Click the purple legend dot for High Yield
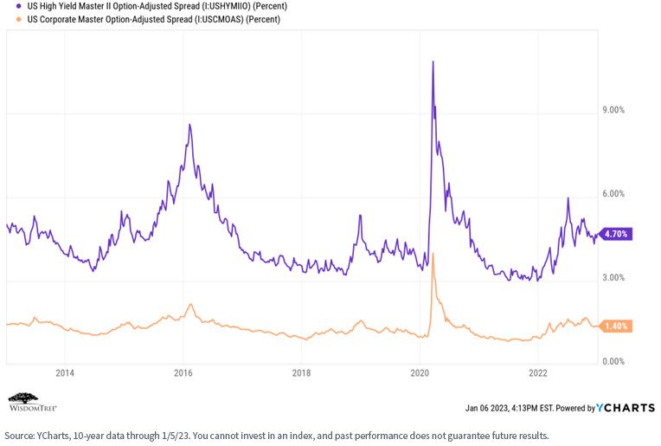(x=18, y=6)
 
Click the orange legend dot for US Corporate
(x=18, y=19)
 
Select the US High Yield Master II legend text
(x=157, y=6)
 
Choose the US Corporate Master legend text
(x=154, y=19)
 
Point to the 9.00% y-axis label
(x=613, y=110)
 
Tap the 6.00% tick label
(x=613, y=194)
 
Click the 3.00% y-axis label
(x=613, y=278)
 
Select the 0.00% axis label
(x=613, y=362)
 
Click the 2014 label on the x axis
(x=65, y=373)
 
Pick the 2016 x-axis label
(x=183, y=373)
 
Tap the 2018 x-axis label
(x=301, y=373)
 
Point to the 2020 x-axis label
(x=420, y=373)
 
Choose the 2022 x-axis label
(x=538, y=373)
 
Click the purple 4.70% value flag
(x=615, y=234)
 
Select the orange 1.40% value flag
(x=615, y=326)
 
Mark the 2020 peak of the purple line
(x=433, y=61)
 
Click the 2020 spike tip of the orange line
(x=433, y=254)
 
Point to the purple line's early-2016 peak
(x=189, y=124)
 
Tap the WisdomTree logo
(x=33, y=402)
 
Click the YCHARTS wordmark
(x=626, y=408)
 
